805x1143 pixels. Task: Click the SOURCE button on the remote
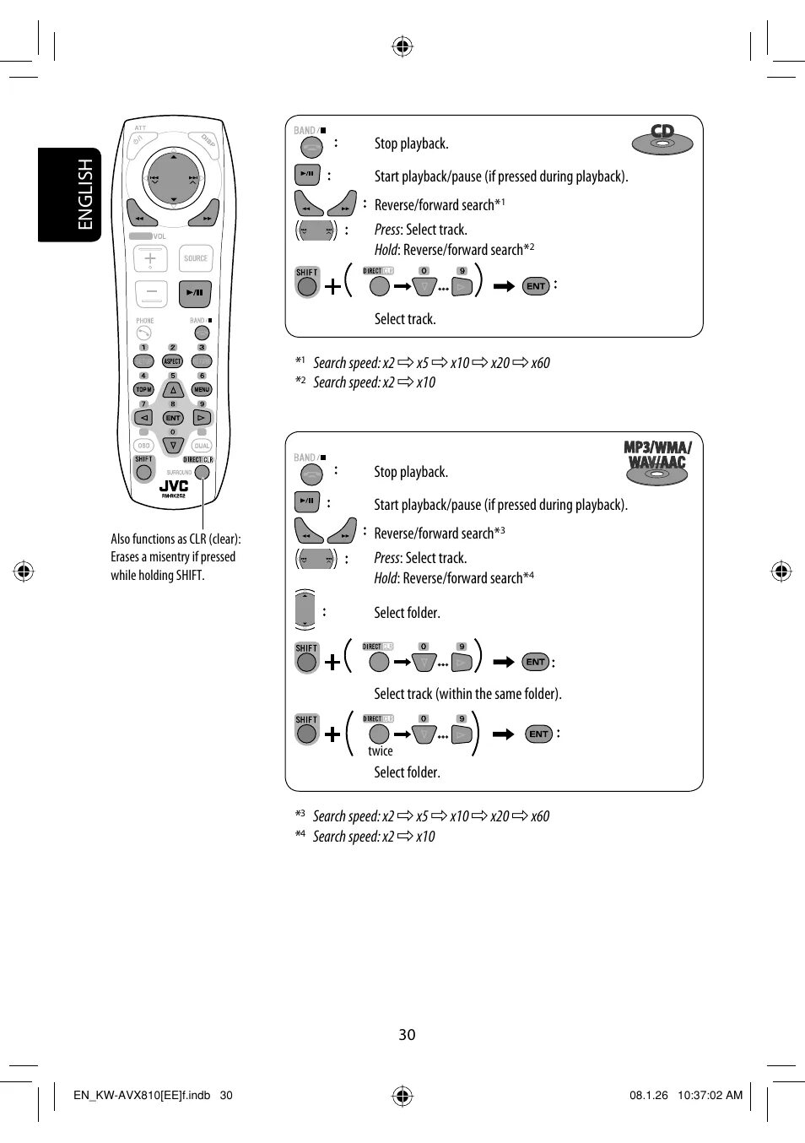point(196,259)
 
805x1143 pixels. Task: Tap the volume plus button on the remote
point(150,258)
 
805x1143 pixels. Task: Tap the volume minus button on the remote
point(150,293)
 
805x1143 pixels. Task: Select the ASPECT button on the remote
point(172,361)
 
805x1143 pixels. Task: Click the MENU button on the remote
point(202,389)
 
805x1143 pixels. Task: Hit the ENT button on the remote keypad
point(173,418)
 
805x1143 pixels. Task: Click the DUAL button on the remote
point(202,446)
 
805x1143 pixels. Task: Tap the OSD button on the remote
point(143,446)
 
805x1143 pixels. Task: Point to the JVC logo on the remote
point(174,486)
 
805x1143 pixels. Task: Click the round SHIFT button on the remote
point(144,472)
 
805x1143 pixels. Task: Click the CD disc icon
point(662,138)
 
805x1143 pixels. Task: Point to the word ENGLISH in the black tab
point(84,195)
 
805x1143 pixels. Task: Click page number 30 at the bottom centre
point(407,1035)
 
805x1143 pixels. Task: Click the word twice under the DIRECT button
point(381,751)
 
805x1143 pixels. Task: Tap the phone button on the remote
point(143,333)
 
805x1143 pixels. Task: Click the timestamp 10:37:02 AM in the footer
point(710,1096)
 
